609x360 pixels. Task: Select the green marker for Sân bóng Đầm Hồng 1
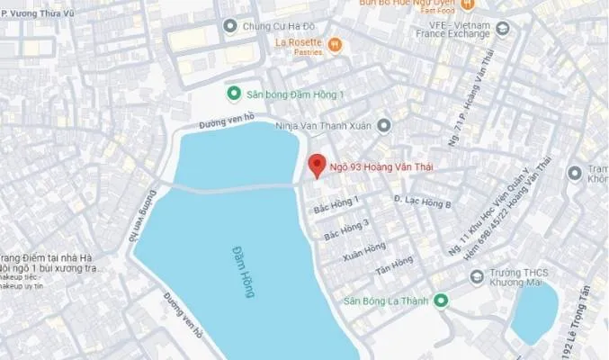(233, 93)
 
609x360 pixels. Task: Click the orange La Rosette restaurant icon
(335, 42)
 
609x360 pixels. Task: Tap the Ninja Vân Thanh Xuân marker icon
(384, 125)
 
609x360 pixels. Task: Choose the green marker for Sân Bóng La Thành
(441, 300)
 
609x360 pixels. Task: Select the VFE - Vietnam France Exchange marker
(502, 27)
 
